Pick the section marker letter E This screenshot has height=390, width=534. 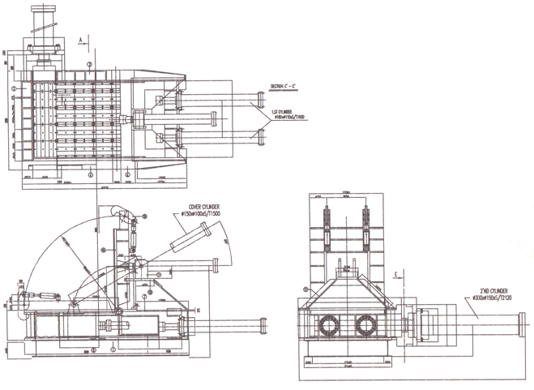(395, 275)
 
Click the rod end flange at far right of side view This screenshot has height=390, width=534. (264, 328)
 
